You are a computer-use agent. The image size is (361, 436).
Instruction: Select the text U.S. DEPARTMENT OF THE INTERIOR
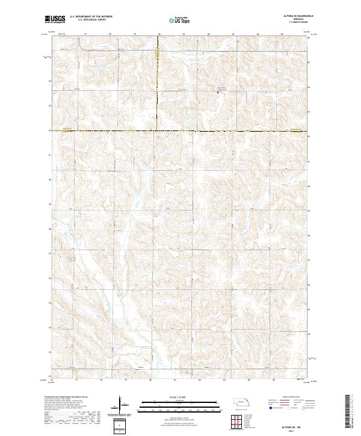(91, 17)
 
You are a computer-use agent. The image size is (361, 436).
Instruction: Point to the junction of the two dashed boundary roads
(158, 130)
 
